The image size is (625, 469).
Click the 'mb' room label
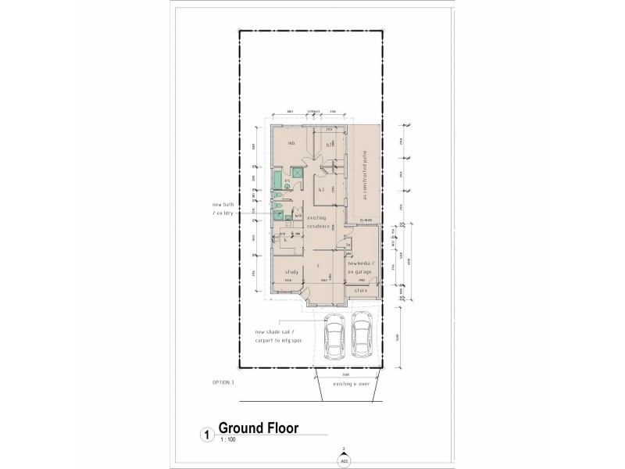coord(291,143)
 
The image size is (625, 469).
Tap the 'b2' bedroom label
coord(330,145)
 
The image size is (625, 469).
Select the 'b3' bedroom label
coord(321,189)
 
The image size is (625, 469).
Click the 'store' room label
coord(362,290)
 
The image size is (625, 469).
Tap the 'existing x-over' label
coord(350,385)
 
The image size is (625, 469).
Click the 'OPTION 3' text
coord(223,382)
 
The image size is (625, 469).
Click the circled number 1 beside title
coord(205,433)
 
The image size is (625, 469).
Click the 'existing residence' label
coord(320,222)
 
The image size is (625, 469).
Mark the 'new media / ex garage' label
coord(363,267)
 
